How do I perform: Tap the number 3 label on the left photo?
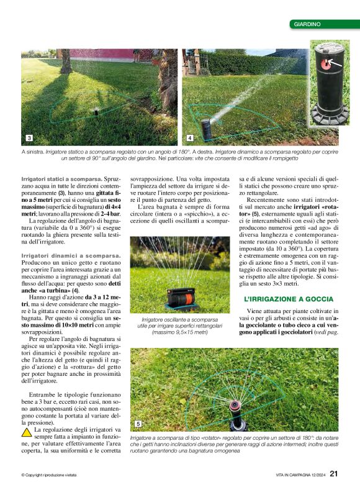[29, 137]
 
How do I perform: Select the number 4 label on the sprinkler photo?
[189, 137]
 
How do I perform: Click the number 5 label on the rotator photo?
[138, 424]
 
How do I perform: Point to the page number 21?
[333, 475]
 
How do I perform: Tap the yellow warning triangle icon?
[27, 430]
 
